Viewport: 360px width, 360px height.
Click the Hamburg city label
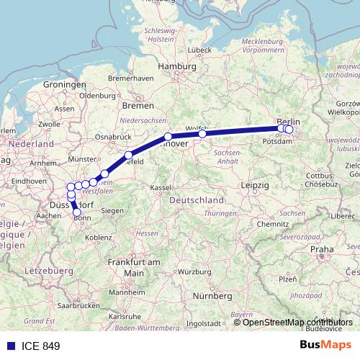pyautogui.click(x=177, y=66)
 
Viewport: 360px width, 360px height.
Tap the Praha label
pyautogui.click(x=322, y=249)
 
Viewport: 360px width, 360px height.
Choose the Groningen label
pyautogui.click(x=64, y=85)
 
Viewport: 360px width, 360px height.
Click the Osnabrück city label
pyautogui.click(x=112, y=136)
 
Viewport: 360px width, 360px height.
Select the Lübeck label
pyautogui.click(x=198, y=50)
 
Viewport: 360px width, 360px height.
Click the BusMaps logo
pyautogui.click(x=326, y=346)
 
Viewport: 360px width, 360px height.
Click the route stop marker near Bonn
pyautogui.click(x=77, y=212)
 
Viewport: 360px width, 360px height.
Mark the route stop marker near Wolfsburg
pyautogui.click(x=202, y=133)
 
